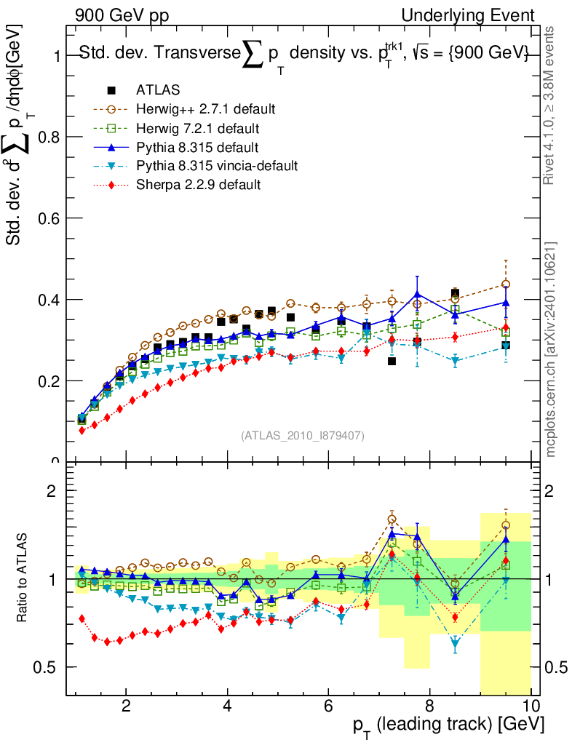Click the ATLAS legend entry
158,90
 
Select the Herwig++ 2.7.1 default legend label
205,109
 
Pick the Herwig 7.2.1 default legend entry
197,128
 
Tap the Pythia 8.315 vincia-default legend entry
217,166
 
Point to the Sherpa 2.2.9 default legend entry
198,185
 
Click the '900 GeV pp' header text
117,15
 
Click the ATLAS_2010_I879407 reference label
302,435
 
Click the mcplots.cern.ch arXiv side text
552,349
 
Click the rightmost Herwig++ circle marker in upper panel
506,284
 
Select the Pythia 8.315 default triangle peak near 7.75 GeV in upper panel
417,294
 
